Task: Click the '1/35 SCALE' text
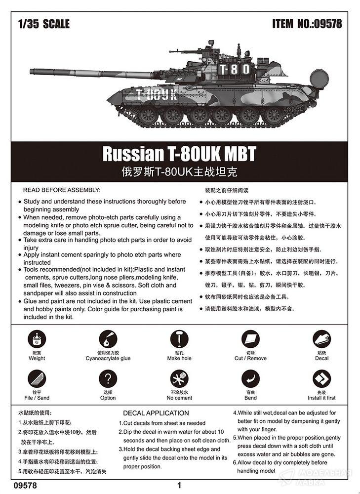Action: click(43, 23)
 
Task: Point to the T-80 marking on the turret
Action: click(234, 69)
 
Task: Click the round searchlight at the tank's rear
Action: click(319, 79)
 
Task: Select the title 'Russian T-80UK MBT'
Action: click(179, 154)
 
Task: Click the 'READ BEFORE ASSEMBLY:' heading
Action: click(62, 190)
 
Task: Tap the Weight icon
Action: click(37, 339)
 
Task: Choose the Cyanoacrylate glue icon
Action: click(108, 339)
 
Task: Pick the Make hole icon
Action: click(179, 339)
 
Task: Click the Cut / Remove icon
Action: click(250, 339)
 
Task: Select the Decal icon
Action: click(321, 339)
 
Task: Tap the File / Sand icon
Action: click(37, 379)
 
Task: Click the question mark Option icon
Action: click(108, 379)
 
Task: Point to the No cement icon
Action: click(179, 379)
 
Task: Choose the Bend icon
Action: click(250, 379)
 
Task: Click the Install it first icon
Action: click(321, 379)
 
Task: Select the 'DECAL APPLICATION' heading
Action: click(156, 413)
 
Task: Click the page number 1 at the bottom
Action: click(180, 485)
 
